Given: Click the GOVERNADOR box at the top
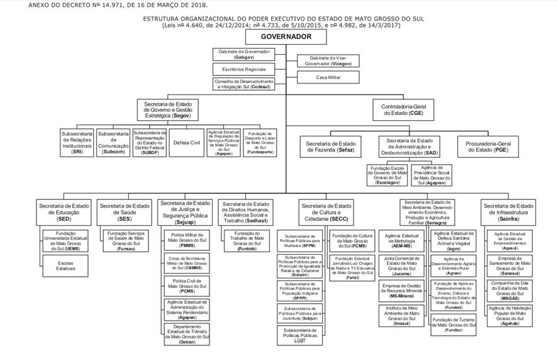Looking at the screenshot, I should [286, 37].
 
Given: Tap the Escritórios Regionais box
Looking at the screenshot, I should [243, 69].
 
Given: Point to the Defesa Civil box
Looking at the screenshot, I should [187, 143].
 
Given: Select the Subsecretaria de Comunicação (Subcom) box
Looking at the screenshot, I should [113, 143].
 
